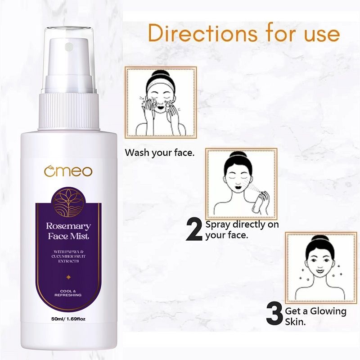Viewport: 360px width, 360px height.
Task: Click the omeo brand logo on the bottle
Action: (68, 171)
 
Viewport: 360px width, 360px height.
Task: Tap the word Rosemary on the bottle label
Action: (68, 226)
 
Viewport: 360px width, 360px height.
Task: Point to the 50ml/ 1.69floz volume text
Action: (68, 320)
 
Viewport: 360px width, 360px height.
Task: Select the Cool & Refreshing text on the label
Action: (68, 292)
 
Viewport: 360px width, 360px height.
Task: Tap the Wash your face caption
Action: (160, 153)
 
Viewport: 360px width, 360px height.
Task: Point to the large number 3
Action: (274, 315)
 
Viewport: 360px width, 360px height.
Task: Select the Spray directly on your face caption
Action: (242, 229)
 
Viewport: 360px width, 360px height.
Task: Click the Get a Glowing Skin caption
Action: (315, 316)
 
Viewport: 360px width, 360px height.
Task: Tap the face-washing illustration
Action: (161, 103)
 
